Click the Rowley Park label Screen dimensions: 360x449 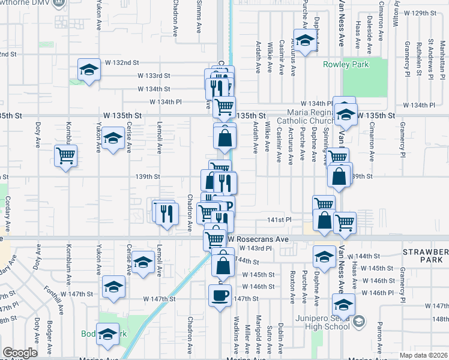[x=346, y=64]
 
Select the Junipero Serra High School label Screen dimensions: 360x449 [x=319, y=322]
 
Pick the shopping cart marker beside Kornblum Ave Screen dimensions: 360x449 [x=65, y=156]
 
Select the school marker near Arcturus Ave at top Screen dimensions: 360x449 [x=305, y=40]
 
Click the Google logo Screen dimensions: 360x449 [x=20, y=353]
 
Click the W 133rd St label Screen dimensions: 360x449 [x=154, y=76]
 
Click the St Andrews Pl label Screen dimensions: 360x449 [x=431, y=59]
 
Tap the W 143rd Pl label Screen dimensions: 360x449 [x=255, y=248]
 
